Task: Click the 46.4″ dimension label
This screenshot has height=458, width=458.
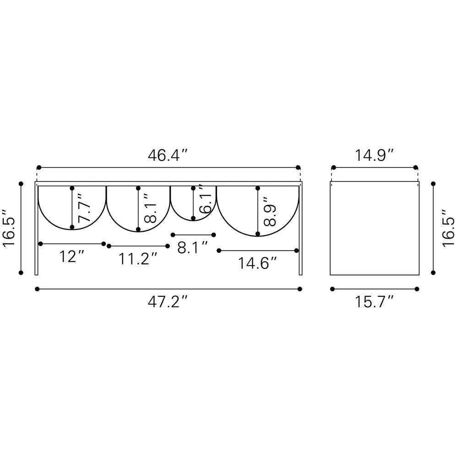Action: click(x=167, y=155)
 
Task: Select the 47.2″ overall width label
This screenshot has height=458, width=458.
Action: click(x=167, y=302)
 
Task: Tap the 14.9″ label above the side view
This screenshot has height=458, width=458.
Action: click(x=374, y=155)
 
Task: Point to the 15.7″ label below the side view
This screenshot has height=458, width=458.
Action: click(x=374, y=302)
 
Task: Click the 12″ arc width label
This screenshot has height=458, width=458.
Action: click(x=72, y=256)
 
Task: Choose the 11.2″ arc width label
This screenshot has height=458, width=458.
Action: click(x=138, y=259)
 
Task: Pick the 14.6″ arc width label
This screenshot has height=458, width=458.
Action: click(x=257, y=263)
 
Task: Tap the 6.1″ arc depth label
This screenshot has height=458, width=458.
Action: click(x=205, y=198)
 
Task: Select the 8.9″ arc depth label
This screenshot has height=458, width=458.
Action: click(x=270, y=212)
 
